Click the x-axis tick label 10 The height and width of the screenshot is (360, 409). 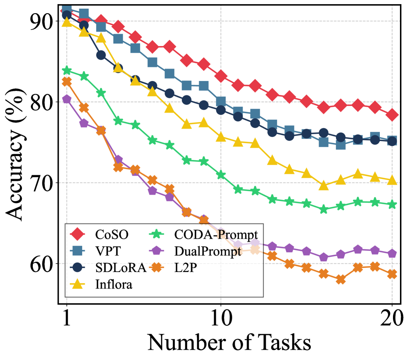coord(221,318)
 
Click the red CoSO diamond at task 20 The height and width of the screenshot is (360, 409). coord(392,115)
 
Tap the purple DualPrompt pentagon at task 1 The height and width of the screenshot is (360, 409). coord(67,99)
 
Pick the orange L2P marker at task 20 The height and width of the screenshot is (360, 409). coord(392,274)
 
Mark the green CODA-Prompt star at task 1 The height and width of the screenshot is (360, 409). coord(67,71)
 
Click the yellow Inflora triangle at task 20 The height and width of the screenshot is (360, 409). coord(392,180)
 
